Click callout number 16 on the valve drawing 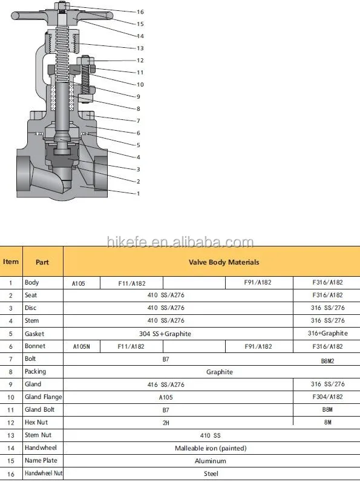(x=140, y=12)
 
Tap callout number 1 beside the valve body (x=138, y=193)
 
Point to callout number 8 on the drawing (x=138, y=108)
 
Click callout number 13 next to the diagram (x=140, y=48)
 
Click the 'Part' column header (x=42, y=262)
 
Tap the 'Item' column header (x=11, y=262)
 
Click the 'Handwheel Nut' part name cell (x=42, y=474)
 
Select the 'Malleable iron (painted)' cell (x=211, y=448)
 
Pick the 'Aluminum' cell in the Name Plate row (x=211, y=461)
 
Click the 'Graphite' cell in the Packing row (x=219, y=372)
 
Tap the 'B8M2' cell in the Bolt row (x=327, y=360)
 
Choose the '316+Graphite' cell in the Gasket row (x=327, y=334)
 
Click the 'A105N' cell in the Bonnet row (x=81, y=346)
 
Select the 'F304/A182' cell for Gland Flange (x=327, y=397)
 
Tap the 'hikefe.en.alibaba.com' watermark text (x=180, y=243)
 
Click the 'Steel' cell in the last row (x=211, y=474)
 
